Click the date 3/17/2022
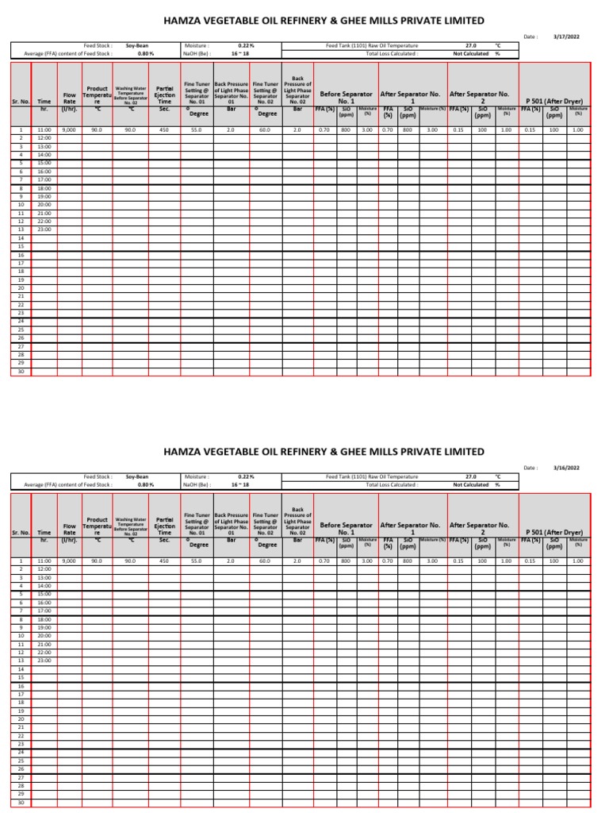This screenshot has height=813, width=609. click(x=566, y=37)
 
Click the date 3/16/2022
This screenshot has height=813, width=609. click(x=566, y=468)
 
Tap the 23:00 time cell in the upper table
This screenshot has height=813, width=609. click(x=44, y=229)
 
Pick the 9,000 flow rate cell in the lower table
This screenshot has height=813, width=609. click(x=69, y=561)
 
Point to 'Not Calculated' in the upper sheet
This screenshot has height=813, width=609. click(x=470, y=53)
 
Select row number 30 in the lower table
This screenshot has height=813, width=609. click(x=21, y=803)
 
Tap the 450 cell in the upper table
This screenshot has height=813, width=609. click(x=164, y=129)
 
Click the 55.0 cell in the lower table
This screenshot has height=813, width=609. click(x=196, y=561)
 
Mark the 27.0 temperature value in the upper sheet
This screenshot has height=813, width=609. click(x=471, y=46)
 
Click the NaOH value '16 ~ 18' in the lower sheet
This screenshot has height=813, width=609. click(x=239, y=484)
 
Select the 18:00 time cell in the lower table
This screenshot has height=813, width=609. click(x=44, y=619)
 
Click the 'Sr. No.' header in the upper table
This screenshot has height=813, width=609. click(x=21, y=101)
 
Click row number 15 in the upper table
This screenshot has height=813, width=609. click(x=21, y=246)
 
